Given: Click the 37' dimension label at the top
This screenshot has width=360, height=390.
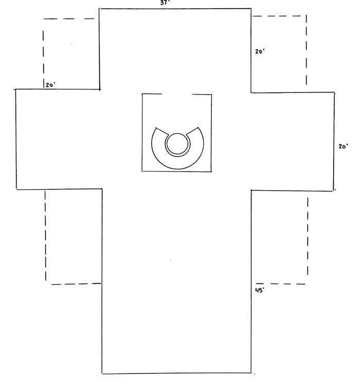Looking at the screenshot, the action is click(166, 3).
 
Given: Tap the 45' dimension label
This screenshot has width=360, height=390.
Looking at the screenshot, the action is click(260, 290).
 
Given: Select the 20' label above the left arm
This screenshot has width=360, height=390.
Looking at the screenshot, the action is click(50, 85).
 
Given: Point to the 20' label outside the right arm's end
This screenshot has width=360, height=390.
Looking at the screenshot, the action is click(344, 146).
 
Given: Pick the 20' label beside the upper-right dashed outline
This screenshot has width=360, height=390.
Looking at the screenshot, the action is click(260, 51).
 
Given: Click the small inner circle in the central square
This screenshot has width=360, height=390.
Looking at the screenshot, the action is click(177, 143).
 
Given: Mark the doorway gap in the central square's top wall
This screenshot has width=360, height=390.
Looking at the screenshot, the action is click(176, 95).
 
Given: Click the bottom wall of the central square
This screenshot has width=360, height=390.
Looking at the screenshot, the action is click(176, 171).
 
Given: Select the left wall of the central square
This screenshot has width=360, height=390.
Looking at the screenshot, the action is click(142, 133).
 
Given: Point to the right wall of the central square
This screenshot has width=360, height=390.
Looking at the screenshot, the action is click(211, 133).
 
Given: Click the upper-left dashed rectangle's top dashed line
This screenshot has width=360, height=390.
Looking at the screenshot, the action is click(69, 18).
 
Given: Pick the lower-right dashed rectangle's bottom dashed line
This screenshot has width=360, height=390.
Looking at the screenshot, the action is click(280, 284).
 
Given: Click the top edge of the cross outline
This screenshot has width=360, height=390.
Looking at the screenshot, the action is click(175, 9).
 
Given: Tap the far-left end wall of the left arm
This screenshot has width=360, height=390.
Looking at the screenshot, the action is click(16, 139).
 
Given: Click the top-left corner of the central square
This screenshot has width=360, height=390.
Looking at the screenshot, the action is click(142, 94).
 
